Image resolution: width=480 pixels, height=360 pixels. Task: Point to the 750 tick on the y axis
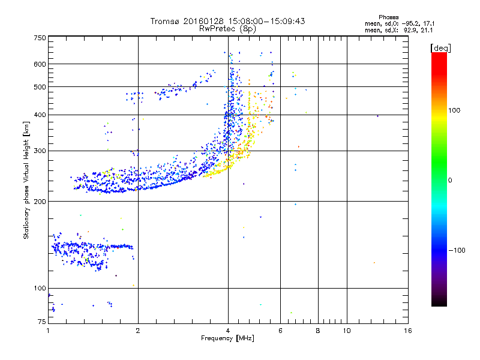click(40, 38)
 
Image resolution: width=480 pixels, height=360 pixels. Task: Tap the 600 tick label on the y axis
click(40, 64)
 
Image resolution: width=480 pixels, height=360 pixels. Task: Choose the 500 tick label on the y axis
click(40, 87)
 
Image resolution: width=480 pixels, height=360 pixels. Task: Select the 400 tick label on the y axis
click(40, 115)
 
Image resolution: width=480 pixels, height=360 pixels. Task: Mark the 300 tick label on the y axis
click(40, 151)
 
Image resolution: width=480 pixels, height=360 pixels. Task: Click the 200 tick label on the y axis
click(40, 201)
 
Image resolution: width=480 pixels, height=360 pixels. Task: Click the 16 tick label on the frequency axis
click(407, 331)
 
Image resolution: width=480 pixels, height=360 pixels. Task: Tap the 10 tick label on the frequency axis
click(346, 331)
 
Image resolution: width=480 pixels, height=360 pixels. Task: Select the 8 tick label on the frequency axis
click(318, 331)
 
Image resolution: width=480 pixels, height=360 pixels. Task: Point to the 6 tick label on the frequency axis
click(281, 331)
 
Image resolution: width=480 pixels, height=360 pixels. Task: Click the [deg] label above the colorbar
click(440, 47)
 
